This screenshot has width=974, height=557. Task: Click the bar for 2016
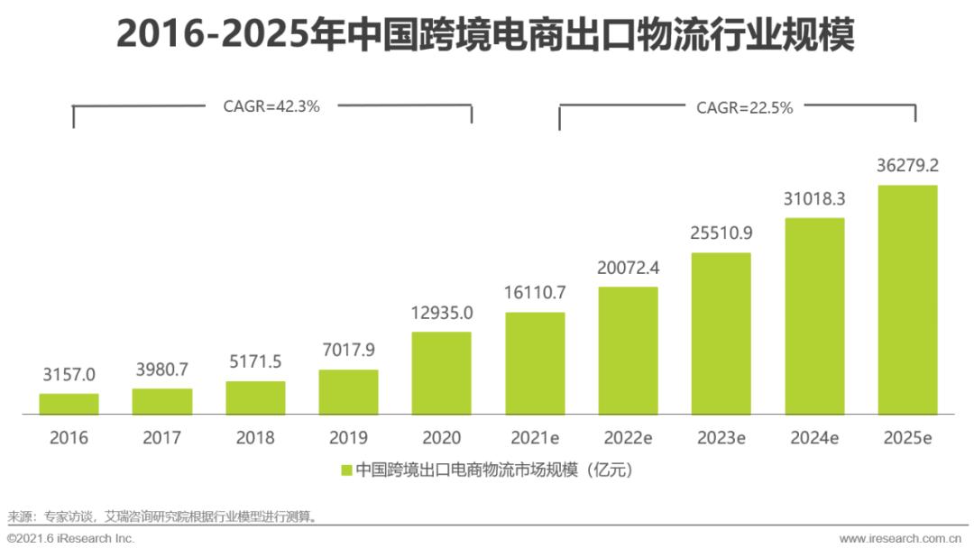click(x=69, y=404)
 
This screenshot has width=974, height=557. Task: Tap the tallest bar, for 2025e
click(x=907, y=300)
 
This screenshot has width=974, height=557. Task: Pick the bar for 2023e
click(x=721, y=333)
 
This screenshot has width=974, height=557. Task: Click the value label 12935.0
click(x=442, y=313)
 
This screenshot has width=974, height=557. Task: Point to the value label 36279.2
click(x=907, y=166)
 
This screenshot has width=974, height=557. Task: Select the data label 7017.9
click(x=348, y=351)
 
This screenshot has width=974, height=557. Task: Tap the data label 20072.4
click(x=628, y=268)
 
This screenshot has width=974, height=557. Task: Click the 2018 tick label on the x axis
click(x=255, y=439)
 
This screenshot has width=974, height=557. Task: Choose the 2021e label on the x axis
click(x=535, y=439)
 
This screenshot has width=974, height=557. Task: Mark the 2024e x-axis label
click(x=814, y=439)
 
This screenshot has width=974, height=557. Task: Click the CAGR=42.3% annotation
click(x=271, y=105)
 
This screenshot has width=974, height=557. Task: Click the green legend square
click(x=346, y=470)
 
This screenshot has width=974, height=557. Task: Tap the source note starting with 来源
click(x=162, y=516)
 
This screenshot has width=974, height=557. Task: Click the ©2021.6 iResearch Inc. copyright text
click(x=70, y=538)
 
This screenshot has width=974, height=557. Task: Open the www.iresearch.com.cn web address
click(x=900, y=538)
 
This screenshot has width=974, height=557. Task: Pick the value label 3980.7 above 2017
click(x=162, y=370)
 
